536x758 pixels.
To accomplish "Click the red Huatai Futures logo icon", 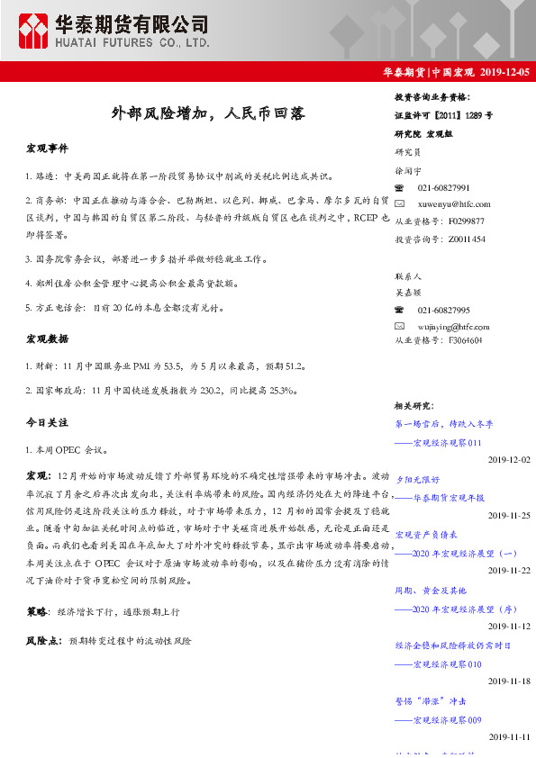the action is [x=34, y=31].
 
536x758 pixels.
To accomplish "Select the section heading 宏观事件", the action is [x=47, y=148].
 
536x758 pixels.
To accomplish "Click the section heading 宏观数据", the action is [x=47, y=338].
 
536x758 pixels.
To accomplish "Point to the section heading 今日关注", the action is [x=47, y=421].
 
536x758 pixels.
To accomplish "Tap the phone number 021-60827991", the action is [x=443, y=187].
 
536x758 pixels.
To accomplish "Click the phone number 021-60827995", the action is [x=443, y=310].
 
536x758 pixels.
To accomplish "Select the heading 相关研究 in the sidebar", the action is [x=415, y=406].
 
